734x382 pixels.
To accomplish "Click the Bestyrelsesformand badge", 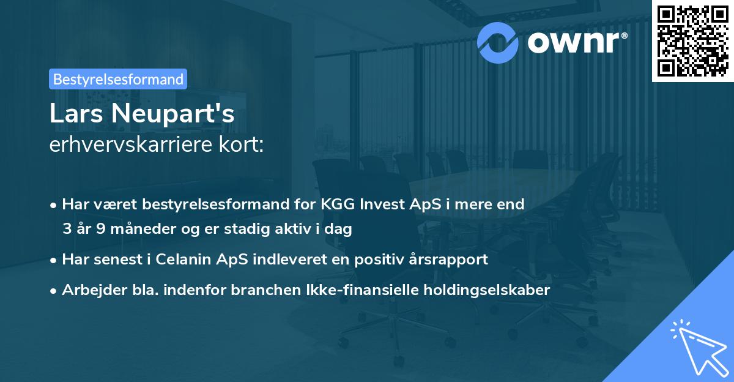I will [x=118, y=79].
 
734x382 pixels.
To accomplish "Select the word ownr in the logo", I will [x=576, y=42].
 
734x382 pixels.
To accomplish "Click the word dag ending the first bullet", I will [x=339, y=230].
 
